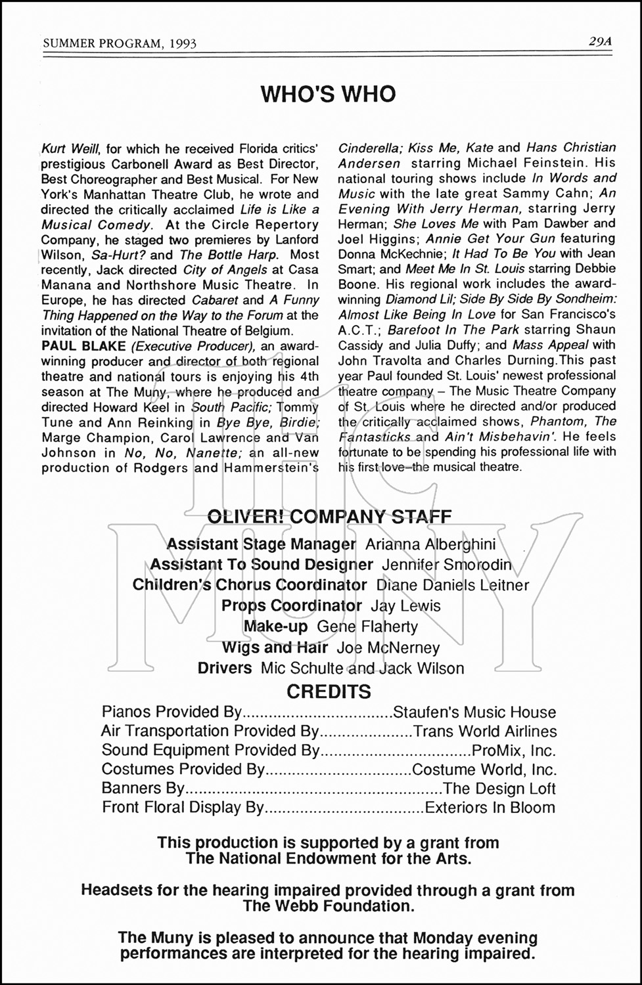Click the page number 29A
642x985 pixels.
pos(600,41)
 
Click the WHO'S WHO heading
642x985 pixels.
pos(328,95)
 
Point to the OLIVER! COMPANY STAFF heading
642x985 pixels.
pos(329,516)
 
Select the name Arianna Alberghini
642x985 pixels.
pos(430,544)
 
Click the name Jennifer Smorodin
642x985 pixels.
pos(446,565)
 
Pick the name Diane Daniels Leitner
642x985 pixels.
pos(453,585)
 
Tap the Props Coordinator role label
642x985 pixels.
pos(292,605)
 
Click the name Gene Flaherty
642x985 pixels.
pos(367,626)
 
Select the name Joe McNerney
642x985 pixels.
pos(388,648)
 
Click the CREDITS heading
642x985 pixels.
pos(329,691)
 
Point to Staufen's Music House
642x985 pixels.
pos(474,712)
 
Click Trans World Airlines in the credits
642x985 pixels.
pos(484,732)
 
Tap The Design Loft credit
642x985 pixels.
pos(499,789)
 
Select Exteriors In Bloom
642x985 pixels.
pos(490,808)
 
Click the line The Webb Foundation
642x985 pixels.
pos(328,906)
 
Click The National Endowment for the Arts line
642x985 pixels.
pos(328,858)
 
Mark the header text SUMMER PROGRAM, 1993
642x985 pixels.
pos(120,43)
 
